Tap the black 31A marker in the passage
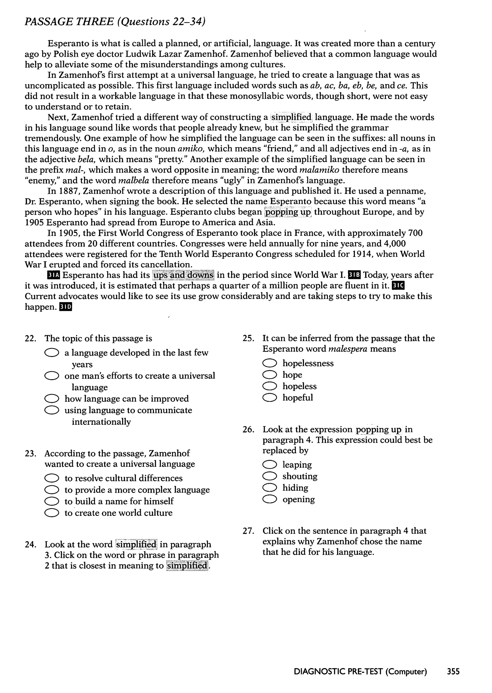(54, 275)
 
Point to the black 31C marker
(398, 286)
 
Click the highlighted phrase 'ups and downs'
(183, 275)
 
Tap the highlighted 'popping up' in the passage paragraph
(288, 212)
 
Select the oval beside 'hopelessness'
(270, 363)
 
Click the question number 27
(248, 531)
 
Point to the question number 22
(30, 339)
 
